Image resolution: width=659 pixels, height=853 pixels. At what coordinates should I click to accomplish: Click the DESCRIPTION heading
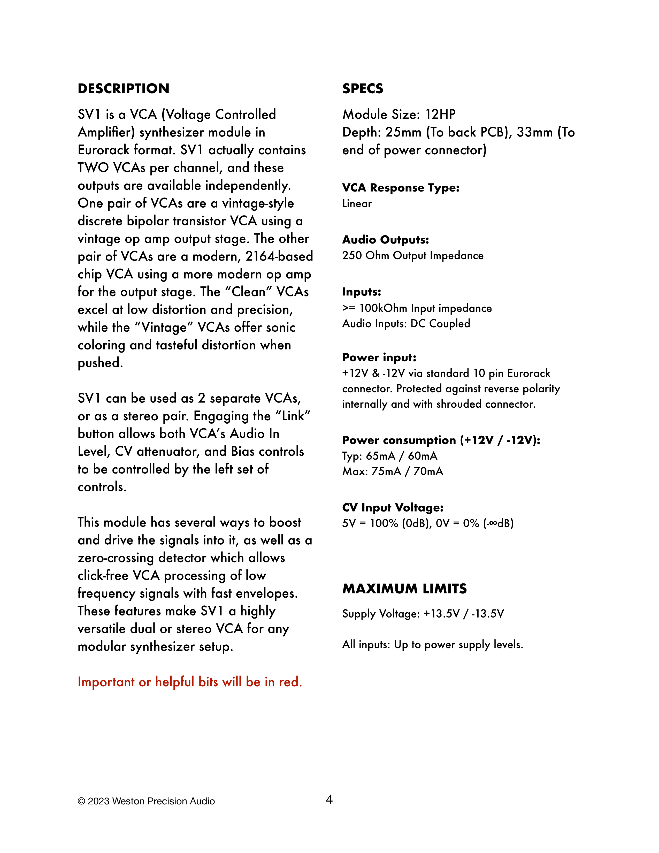(123, 89)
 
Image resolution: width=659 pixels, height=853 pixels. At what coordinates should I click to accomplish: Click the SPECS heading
(363, 89)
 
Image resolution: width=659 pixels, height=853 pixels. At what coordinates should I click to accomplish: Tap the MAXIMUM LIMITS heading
(404, 589)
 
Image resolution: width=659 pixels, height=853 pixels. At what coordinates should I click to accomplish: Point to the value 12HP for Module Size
(440, 115)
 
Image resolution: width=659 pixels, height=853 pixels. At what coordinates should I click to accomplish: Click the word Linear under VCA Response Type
(357, 203)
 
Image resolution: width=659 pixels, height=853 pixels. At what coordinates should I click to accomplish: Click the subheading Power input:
(379, 357)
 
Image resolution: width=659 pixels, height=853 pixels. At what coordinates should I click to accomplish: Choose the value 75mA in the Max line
(386, 471)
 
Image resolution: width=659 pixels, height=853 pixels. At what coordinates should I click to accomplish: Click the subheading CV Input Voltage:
(393, 507)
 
